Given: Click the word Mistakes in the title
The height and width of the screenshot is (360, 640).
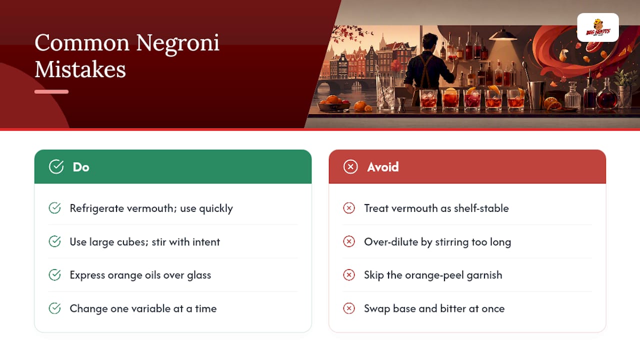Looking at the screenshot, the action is [80, 69].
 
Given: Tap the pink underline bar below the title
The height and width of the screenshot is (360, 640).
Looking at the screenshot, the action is [51, 91].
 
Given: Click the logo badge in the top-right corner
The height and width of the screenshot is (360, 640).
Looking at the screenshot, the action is [597, 27].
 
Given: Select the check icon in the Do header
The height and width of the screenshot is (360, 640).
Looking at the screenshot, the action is [56, 166].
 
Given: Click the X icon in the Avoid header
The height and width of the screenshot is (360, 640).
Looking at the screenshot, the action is [350, 166].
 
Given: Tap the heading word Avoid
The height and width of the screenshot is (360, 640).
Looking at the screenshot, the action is [382, 167].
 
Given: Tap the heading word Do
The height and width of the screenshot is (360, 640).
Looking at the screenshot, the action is [81, 167].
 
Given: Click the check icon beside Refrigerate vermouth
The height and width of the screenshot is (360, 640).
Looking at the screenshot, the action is [54, 208].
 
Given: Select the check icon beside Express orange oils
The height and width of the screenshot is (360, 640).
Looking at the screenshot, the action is [54, 275].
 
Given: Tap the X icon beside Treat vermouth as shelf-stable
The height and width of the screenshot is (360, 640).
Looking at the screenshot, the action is [349, 208].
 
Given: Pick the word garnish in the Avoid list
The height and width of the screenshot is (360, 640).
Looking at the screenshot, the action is [484, 275].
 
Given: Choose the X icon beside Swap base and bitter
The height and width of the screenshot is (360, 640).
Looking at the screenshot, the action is [349, 308].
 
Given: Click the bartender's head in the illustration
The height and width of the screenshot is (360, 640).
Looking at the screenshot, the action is [429, 41].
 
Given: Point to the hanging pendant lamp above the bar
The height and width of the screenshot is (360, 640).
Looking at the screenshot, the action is [503, 35].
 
